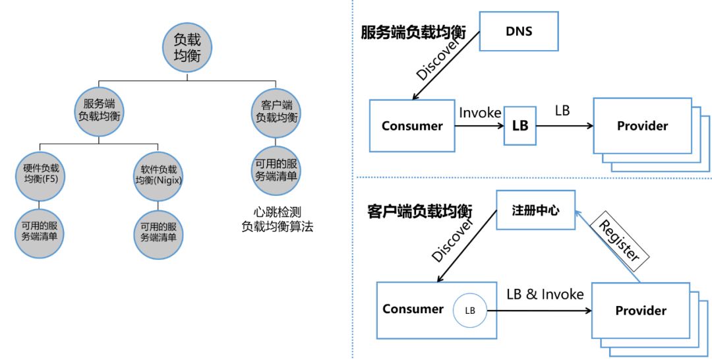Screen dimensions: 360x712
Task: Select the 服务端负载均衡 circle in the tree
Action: coord(99,110)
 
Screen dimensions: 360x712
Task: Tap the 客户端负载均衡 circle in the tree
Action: coord(276,110)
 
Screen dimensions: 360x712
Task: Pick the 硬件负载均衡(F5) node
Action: coord(40,173)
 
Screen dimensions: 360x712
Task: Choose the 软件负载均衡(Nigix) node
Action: coord(158,173)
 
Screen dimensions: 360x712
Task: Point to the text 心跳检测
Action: coord(277,212)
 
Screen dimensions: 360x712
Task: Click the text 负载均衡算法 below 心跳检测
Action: coord(277,226)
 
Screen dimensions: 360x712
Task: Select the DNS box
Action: coord(519,32)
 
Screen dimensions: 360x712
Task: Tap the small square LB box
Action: coord(520,125)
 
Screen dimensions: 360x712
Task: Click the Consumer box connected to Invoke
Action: coord(412,125)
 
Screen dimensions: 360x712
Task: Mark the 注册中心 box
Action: coord(535,210)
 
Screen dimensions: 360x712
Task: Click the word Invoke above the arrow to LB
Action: coord(480,112)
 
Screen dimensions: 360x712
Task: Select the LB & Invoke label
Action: coord(545,294)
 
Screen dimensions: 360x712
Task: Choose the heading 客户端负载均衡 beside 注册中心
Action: coord(420,212)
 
